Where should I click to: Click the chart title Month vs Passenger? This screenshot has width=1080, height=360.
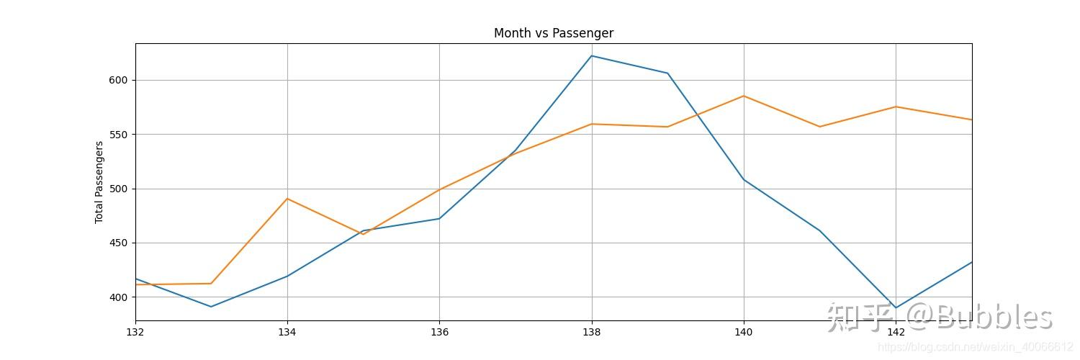[x=553, y=33]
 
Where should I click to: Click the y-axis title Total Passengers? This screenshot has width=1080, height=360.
[x=99, y=182]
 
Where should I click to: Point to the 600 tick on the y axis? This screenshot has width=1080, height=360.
[x=119, y=80]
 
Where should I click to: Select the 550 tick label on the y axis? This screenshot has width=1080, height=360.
[x=119, y=135]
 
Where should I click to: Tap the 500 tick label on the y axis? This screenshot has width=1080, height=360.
[x=119, y=189]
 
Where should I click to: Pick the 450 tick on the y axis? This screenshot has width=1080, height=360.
[x=119, y=243]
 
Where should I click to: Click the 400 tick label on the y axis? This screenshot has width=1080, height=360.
[x=119, y=297]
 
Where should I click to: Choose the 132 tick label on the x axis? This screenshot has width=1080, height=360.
[x=135, y=332]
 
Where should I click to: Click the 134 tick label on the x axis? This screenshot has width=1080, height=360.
[x=287, y=332]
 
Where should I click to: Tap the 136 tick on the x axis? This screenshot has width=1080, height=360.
[x=439, y=332]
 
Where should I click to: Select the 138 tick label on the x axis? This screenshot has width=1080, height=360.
[x=592, y=332]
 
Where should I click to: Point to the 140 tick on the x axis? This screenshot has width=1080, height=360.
[x=744, y=332]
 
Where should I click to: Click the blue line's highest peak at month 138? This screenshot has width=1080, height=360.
[x=592, y=55]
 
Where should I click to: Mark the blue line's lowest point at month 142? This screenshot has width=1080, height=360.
[x=896, y=307]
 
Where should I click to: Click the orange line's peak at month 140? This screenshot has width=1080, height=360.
[x=744, y=96]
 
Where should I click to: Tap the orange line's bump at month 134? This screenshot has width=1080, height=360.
[x=287, y=198]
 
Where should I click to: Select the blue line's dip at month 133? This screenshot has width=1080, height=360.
[x=211, y=307]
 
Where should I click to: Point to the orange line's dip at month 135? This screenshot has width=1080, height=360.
[x=363, y=234]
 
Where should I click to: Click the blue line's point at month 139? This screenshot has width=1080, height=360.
[x=667, y=73]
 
